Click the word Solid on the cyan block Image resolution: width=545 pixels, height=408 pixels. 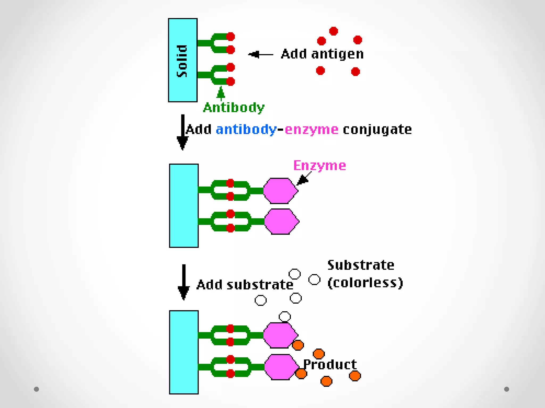[182, 61]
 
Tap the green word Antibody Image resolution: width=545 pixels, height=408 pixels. [234, 108]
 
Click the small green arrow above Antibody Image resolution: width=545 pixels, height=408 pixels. [221, 93]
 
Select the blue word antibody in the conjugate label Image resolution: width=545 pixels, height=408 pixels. [246, 130]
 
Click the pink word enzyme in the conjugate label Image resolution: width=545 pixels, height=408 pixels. [311, 130]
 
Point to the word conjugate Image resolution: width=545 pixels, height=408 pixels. [377, 130]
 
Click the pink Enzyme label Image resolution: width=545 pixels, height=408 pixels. [319, 165]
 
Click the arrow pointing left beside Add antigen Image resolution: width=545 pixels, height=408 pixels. [260, 54]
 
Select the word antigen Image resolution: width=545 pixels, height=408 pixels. [337, 54]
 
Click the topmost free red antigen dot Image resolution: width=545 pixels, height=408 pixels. [333, 31]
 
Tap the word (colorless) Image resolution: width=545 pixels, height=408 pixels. [365, 282]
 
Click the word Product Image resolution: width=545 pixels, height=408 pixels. [330, 364]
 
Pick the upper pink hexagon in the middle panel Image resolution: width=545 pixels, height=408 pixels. [280, 191]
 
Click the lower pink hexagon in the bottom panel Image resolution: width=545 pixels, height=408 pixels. [281, 367]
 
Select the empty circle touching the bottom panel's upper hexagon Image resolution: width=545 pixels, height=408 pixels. [284, 316]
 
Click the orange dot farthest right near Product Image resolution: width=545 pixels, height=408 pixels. [355, 376]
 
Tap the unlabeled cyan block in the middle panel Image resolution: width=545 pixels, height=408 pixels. [184, 206]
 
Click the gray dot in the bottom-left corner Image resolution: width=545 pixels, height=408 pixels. [36, 389]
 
